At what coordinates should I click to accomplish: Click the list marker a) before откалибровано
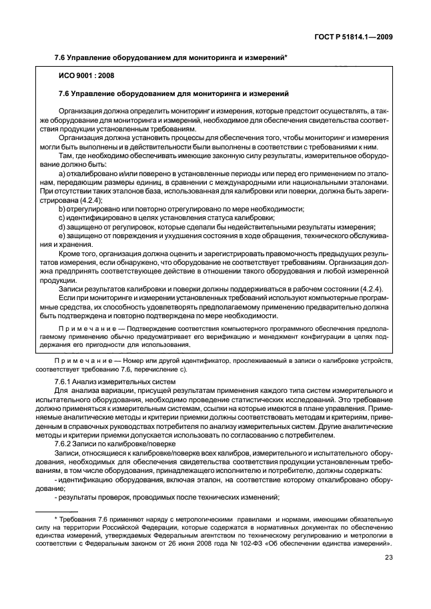pos(62,173)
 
